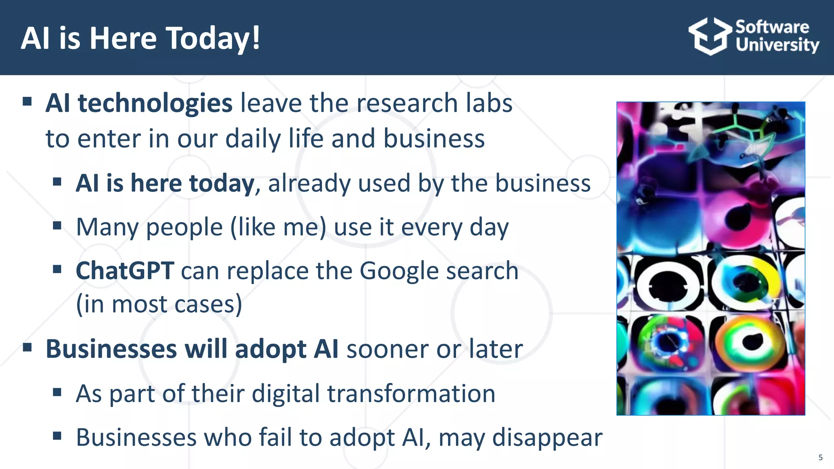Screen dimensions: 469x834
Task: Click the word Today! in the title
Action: pyautogui.click(x=213, y=39)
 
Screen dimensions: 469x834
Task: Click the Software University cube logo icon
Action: pyautogui.click(x=710, y=36)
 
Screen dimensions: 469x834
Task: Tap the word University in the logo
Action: pyautogui.click(x=777, y=45)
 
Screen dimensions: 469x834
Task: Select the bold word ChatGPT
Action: pyautogui.click(x=125, y=271)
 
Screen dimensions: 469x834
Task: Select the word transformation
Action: pyautogui.click(x=411, y=394)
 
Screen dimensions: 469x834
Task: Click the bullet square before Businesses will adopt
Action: pyautogui.click(x=27, y=348)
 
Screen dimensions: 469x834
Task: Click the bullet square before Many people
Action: pyautogui.click(x=57, y=225)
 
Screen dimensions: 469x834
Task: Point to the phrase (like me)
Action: pyautogui.click(x=278, y=227)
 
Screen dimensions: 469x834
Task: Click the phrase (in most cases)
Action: pyautogui.click(x=159, y=305)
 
